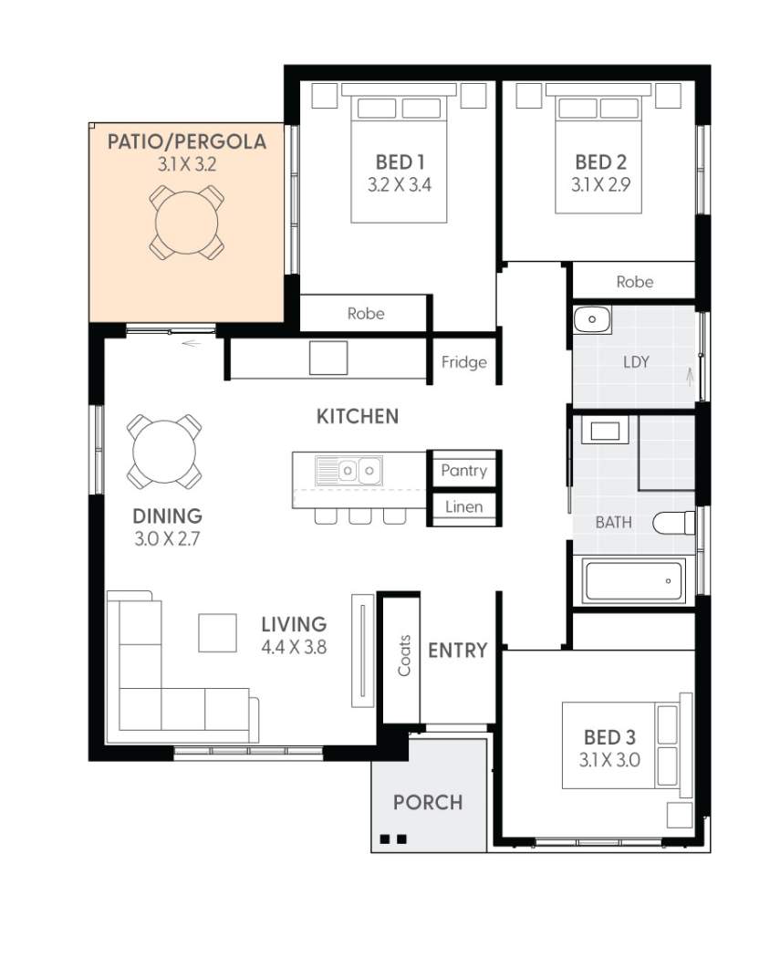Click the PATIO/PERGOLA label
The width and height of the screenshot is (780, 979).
coord(187,141)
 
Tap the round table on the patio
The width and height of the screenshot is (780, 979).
coord(187,223)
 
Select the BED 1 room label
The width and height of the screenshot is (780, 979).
coord(400,162)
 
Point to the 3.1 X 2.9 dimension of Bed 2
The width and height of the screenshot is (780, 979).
coord(600,185)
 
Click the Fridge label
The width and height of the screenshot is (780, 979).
coord(464,362)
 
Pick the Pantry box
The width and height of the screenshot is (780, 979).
coord(464,469)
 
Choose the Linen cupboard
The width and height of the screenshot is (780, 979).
coord(464,507)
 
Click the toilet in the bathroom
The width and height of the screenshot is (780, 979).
coord(674,523)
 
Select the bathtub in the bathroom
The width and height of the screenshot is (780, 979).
coord(634,580)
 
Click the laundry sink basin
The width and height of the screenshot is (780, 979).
coord(592,319)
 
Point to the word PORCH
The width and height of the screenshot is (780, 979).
coord(428,802)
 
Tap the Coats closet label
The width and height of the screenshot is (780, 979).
coord(404,656)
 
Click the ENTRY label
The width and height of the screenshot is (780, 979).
coord(457,651)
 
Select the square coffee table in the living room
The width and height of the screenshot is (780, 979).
coord(217,633)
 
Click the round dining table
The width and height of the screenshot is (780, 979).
coord(164,451)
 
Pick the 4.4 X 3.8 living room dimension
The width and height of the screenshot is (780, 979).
coord(294,648)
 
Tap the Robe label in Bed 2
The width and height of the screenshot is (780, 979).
coord(635,282)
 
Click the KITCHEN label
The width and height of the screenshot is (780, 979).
coord(358,416)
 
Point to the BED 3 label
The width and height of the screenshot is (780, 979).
coord(609,737)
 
